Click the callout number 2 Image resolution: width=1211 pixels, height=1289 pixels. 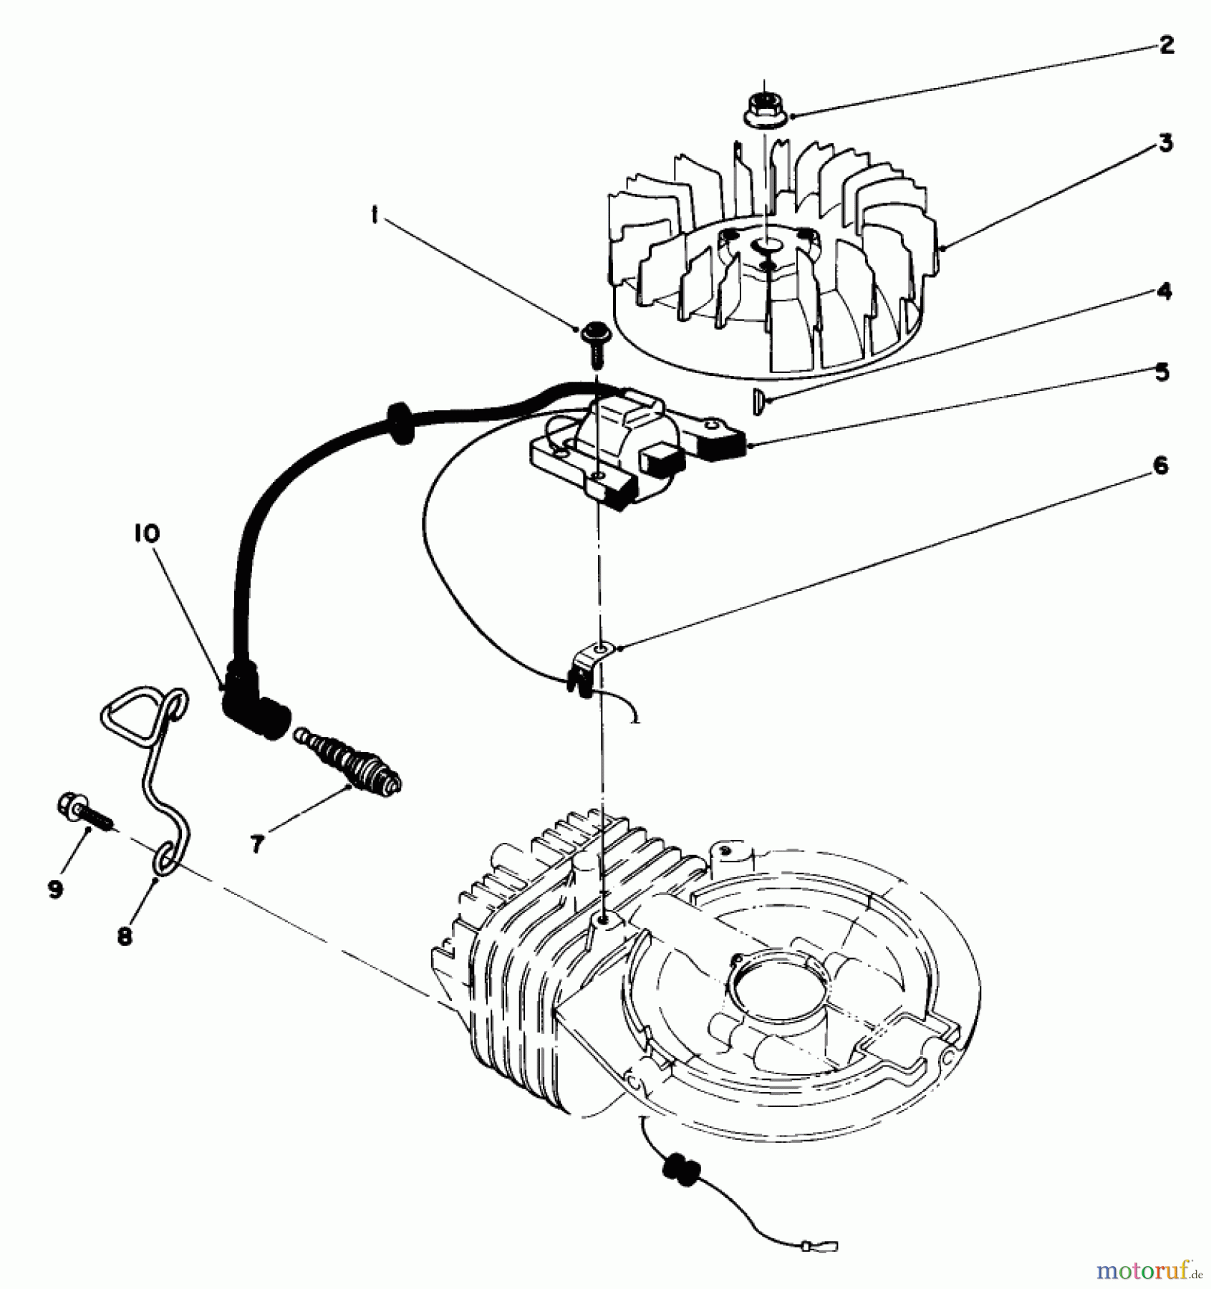tap(1167, 46)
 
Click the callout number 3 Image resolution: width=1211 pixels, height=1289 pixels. tap(1166, 143)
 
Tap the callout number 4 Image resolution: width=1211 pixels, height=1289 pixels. tap(1164, 291)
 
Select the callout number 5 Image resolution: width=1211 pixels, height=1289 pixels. tap(1162, 372)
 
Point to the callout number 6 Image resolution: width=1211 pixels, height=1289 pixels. tap(1161, 466)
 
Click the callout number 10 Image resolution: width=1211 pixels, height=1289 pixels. tap(145, 534)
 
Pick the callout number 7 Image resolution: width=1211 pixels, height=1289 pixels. tap(256, 844)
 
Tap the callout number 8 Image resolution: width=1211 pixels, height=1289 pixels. tap(125, 936)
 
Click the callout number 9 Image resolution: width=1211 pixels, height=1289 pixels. tap(54, 889)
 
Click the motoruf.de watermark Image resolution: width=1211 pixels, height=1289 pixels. tap(1144, 1270)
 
